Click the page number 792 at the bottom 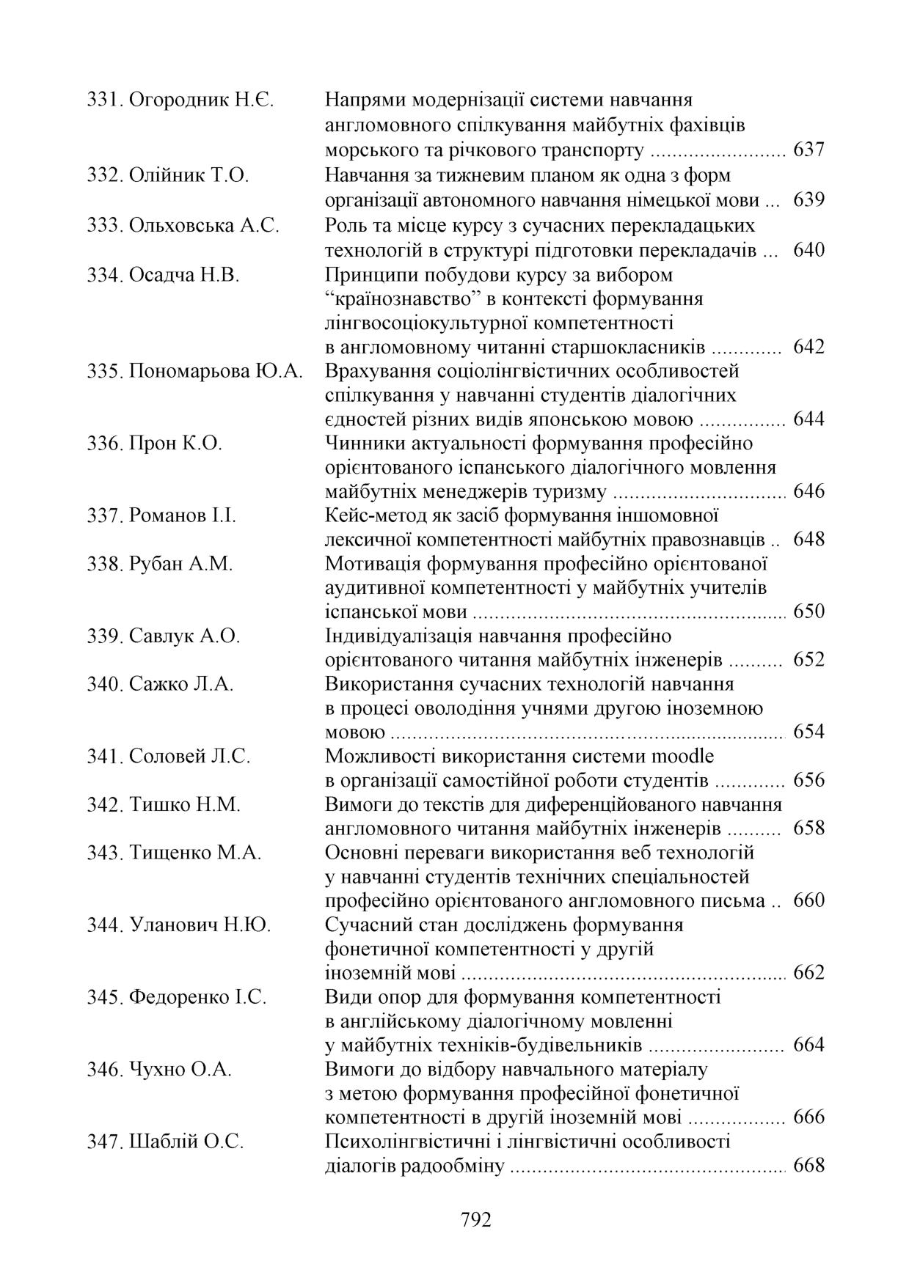[475, 1220]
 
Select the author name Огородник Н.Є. [201, 100]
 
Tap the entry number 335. [103, 372]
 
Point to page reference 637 [808, 150]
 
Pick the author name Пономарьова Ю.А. [216, 372]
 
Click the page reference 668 [808, 1165]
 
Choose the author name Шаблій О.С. [186, 1142]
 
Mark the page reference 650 [808, 611]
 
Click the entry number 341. [103, 756]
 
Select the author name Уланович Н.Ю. [200, 925]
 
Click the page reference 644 [808, 419]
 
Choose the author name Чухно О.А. [180, 1070]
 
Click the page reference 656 [808, 780]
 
